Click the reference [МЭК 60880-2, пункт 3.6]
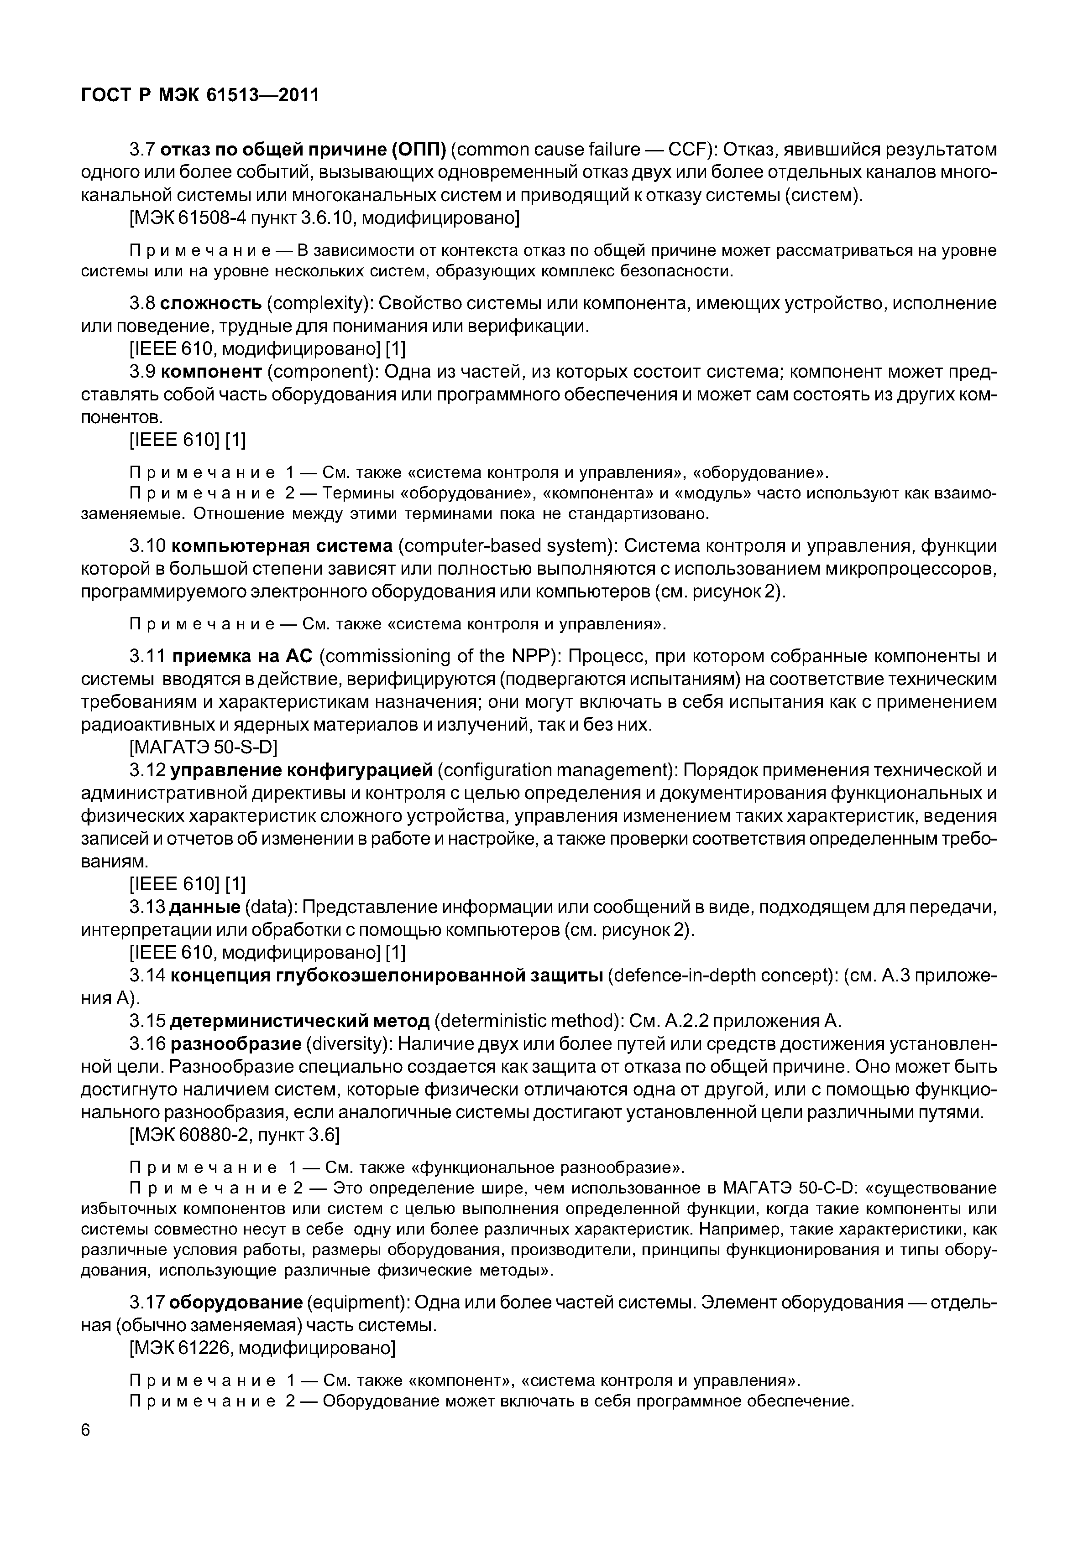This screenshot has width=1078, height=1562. pos(234,1136)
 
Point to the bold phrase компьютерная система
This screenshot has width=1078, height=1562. pos(282,545)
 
